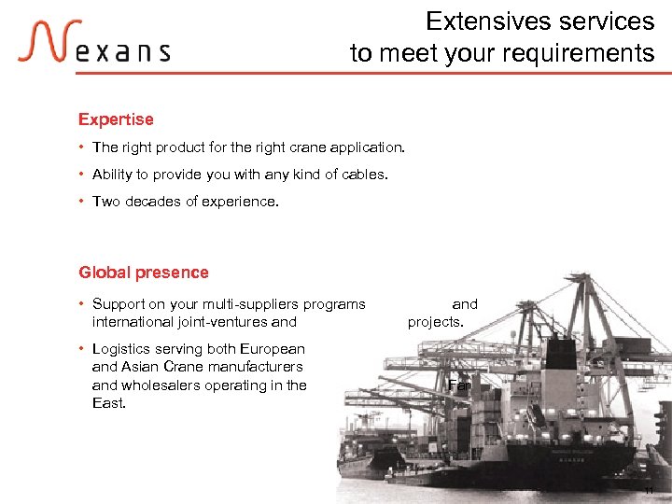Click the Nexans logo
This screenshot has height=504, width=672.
tap(93, 43)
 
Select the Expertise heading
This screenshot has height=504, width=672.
tap(116, 119)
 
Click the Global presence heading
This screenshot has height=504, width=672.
tap(144, 273)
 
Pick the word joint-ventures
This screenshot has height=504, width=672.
tap(222, 322)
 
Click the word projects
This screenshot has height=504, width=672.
tap(435, 322)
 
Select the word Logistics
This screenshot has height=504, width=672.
tap(122, 349)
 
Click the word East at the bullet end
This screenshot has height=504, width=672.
tap(108, 403)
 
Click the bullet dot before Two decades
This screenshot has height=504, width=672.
tap(82, 202)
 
